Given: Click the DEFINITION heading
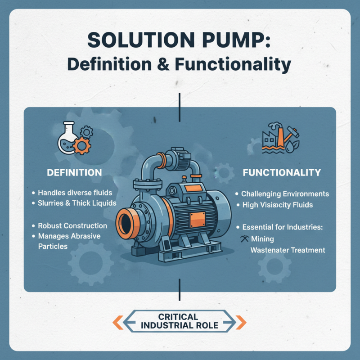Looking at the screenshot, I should tap(74, 172).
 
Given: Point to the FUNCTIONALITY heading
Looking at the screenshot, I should tap(282, 172).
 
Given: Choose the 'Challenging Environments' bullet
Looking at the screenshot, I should tap(285, 194).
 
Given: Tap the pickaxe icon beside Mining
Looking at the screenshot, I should tap(245, 238).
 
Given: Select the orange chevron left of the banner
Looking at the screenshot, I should tap(117, 321).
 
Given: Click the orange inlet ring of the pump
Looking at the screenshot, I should tap(127, 221).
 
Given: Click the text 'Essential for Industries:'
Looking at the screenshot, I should tap(283, 227).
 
